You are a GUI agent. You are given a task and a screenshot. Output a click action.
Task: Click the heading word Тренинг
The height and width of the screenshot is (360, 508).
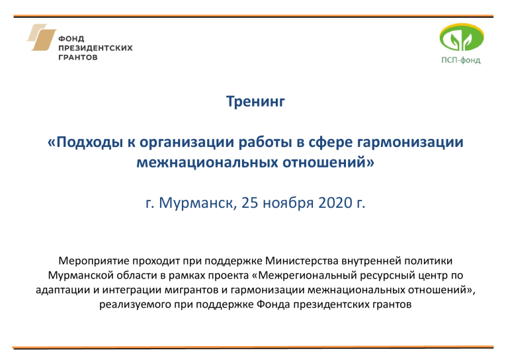click(x=255, y=102)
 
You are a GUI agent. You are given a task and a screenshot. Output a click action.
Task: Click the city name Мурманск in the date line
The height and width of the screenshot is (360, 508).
click(x=198, y=203)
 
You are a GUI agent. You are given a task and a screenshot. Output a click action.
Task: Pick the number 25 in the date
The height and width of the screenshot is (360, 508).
click(x=250, y=203)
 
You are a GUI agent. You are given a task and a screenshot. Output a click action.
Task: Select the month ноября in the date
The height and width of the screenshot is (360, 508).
click(x=288, y=204)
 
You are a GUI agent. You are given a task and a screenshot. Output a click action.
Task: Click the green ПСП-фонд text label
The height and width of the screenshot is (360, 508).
click(x=460, y=60)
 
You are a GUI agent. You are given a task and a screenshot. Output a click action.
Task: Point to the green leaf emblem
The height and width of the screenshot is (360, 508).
click(x=461, y=38)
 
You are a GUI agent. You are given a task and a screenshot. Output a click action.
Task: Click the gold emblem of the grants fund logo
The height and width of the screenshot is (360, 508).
click(x=42, y=37)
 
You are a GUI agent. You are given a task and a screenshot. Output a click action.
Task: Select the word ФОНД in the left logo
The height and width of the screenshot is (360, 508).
click(x=71, y=39)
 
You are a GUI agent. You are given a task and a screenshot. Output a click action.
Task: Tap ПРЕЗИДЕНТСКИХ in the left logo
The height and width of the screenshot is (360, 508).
click(x=95, y=48)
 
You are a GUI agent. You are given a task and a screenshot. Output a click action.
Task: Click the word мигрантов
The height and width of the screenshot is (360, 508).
click(x=192, y=290)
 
